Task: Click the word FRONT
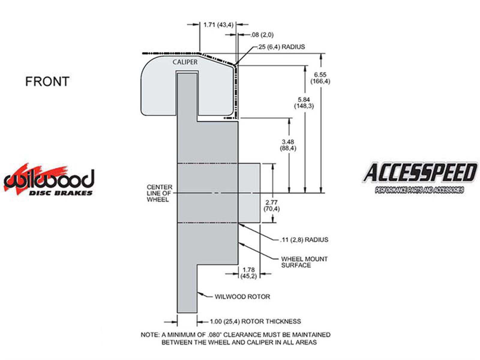[47, 81]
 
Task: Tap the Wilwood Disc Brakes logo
[49, 181]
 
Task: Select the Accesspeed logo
[420, 177]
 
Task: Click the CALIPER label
[185, 62]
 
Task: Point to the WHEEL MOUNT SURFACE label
[304, 262]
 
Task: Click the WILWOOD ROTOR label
[242, 297]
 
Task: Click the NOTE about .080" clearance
[235, 338]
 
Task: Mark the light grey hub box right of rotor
[249, 193]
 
